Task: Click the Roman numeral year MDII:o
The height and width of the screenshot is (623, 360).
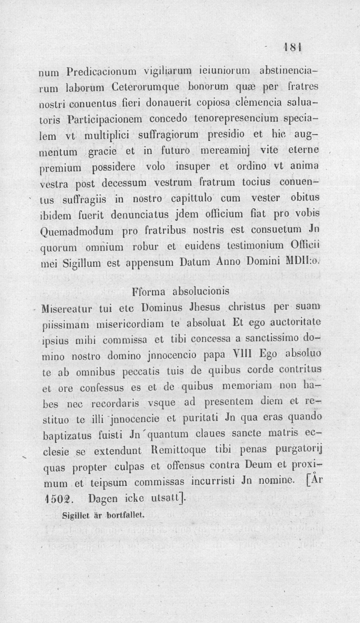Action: click(x=304, y=261)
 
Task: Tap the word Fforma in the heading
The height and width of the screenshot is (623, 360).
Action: click(x=149, y=292)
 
